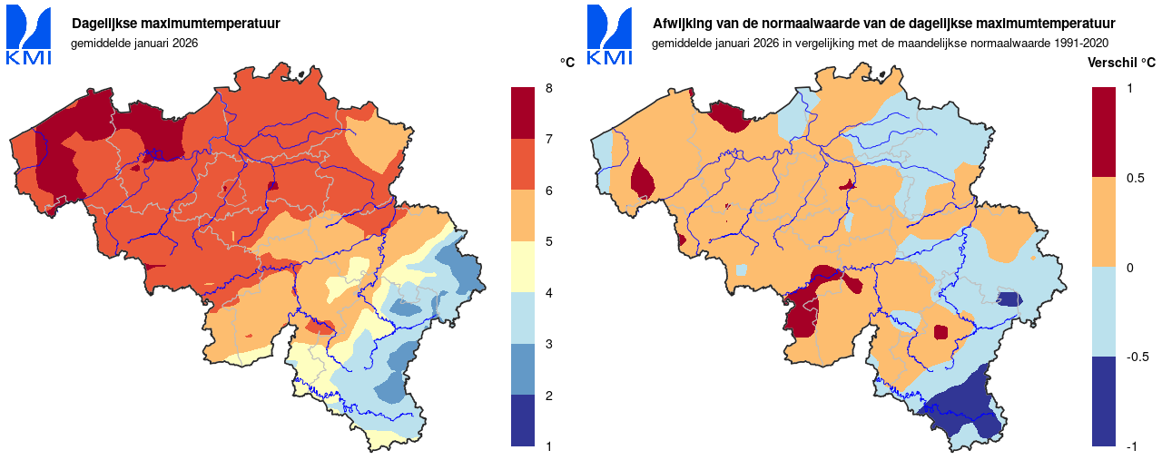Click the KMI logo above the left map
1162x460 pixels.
28,35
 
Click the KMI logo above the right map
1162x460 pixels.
609,35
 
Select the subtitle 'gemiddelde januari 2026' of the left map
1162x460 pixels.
134,43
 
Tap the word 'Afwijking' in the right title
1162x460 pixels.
682,24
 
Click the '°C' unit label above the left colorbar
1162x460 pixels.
567,63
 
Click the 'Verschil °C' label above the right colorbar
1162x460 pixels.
1122,63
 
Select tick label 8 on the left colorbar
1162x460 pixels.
548,88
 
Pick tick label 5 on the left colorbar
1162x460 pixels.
548,241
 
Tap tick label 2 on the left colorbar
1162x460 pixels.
548,395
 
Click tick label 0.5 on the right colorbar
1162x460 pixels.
1136,178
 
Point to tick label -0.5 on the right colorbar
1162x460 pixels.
1137,357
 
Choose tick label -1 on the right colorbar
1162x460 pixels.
1132,445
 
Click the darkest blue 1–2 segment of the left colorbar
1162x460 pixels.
523,420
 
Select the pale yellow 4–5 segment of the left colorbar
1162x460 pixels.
523,267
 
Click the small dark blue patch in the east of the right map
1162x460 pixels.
1009,299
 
